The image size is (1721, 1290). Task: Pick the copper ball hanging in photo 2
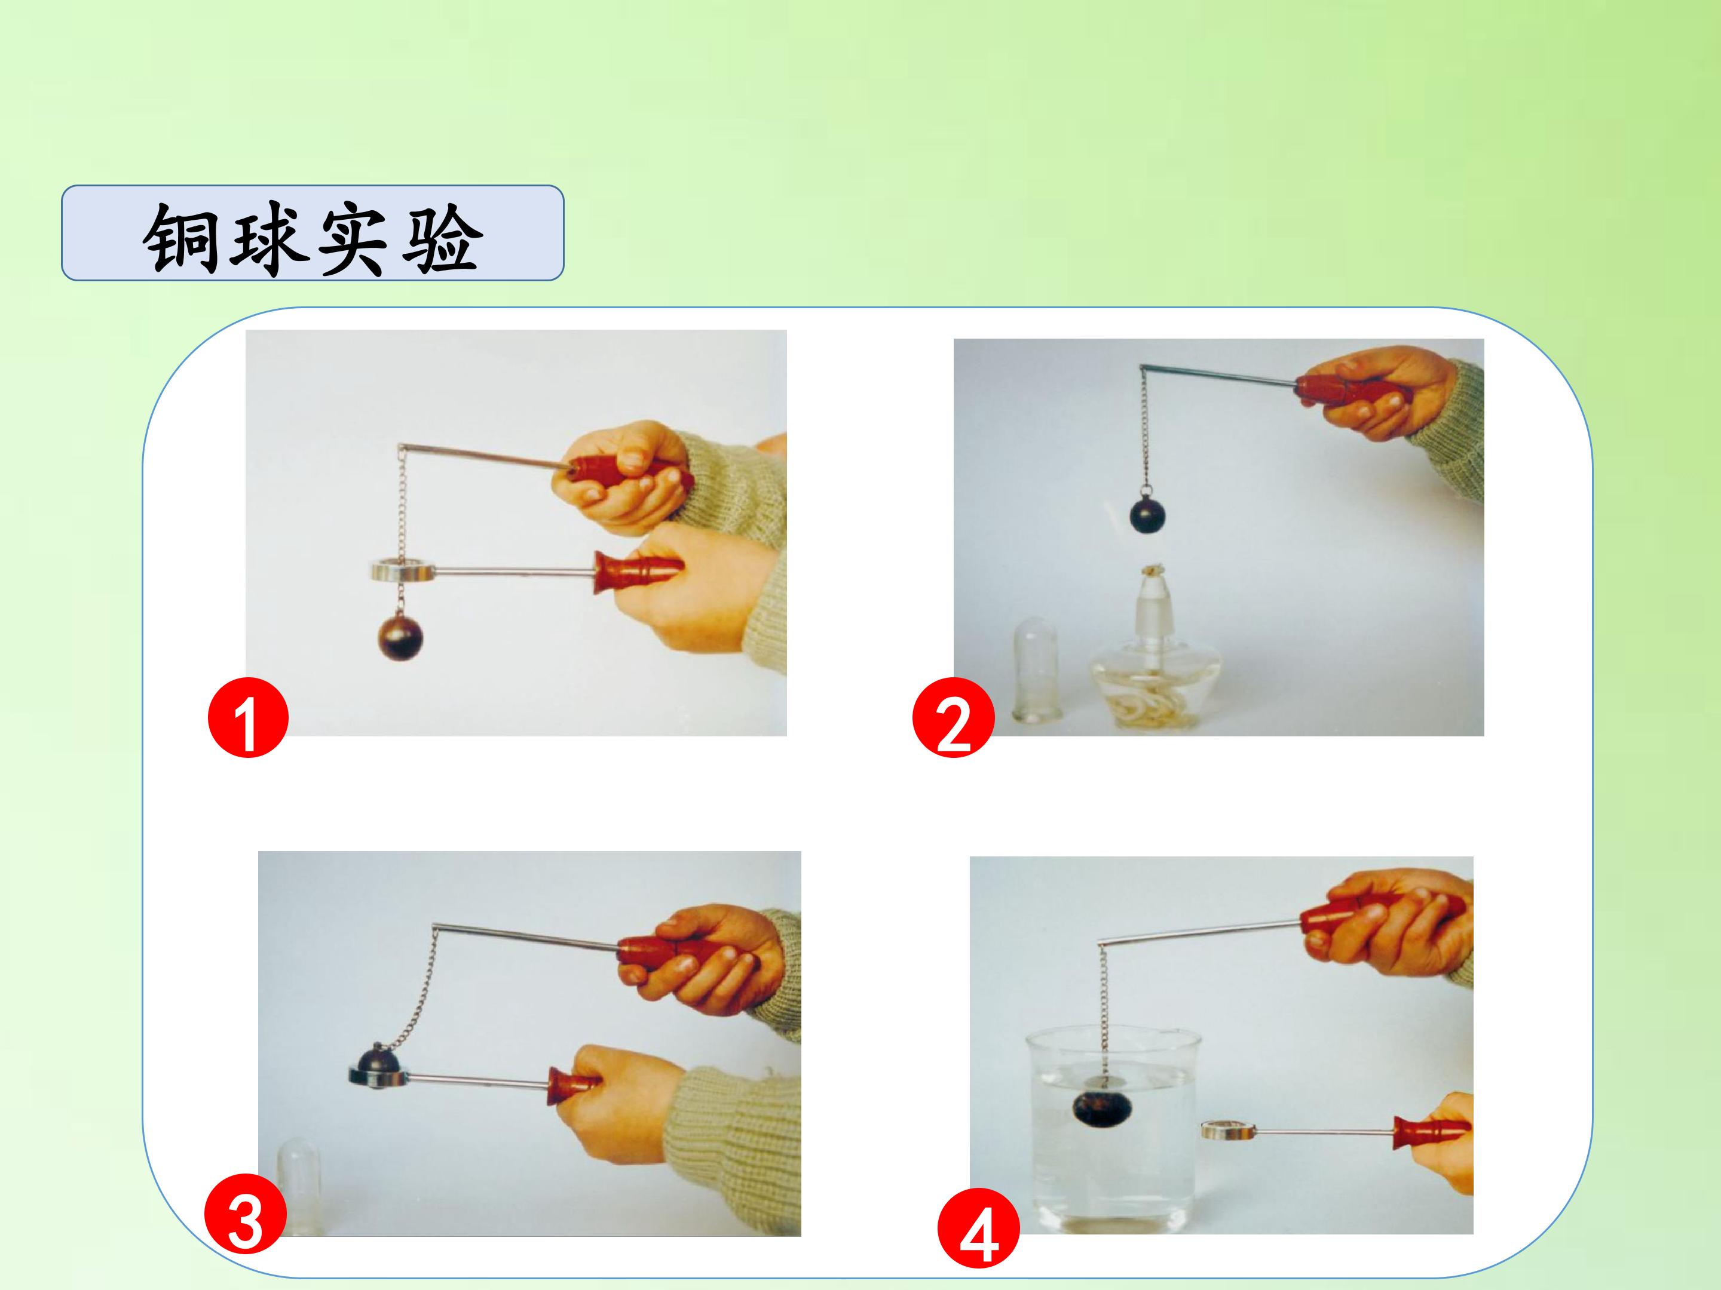coord(1149,514)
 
